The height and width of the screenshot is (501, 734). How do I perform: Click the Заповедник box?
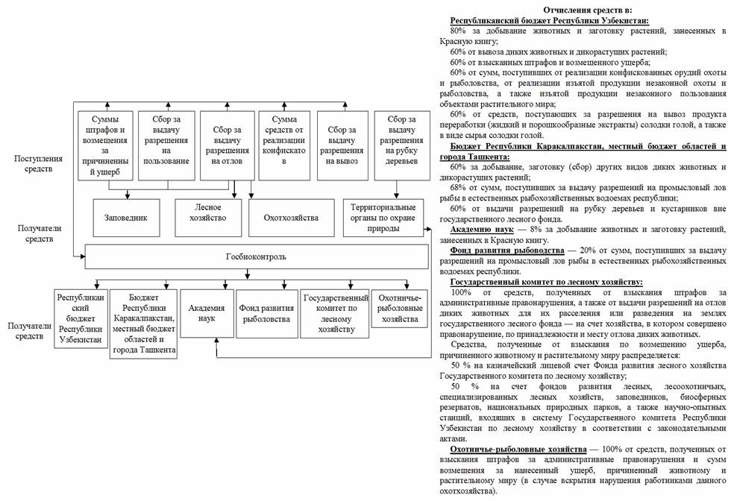[x=126, y=218]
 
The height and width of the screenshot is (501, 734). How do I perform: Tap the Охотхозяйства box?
[x=291, y=218]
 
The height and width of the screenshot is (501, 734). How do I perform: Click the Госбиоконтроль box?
[x=255, y=257]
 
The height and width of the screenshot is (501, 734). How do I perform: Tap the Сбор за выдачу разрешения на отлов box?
[x=225, y=145]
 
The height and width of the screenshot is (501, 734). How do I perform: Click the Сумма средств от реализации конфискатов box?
[x=283, y=145]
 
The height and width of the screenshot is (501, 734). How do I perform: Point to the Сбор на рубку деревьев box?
[x=401, y=145]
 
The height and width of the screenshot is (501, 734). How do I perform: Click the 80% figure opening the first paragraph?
[x=459, y=31]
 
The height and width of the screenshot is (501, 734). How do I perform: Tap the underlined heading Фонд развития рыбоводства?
[x=507, y=250]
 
